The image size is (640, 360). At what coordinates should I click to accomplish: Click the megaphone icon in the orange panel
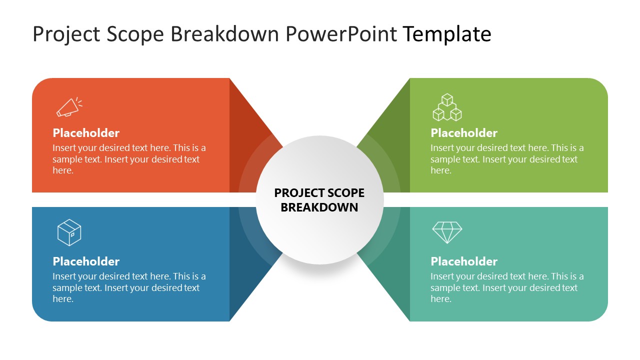(x=69, y=107)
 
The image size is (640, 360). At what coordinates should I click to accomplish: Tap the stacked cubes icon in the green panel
(x=446, y=107)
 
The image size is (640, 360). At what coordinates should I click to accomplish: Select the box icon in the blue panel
(x=69, y=232)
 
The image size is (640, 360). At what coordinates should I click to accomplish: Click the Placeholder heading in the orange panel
(x=86, y=133)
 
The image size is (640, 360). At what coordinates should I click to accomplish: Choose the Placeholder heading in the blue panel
(x=86, y=261)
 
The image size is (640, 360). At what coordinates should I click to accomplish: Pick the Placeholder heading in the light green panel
(x=464, y=133)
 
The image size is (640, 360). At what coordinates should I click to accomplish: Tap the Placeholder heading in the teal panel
(x=464, y=261)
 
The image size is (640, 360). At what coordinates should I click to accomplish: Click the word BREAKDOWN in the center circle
(x=319, y=207)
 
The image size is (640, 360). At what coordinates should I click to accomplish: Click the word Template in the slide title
(x=446, y=34)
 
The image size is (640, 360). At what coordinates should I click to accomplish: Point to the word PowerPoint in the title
(x=341, y=34)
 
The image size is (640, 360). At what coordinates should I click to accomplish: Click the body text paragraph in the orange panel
(x=129, y=159)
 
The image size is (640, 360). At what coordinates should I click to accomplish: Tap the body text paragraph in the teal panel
(x=506, y=287)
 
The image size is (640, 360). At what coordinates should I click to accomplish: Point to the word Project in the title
(x=62, y=34)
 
